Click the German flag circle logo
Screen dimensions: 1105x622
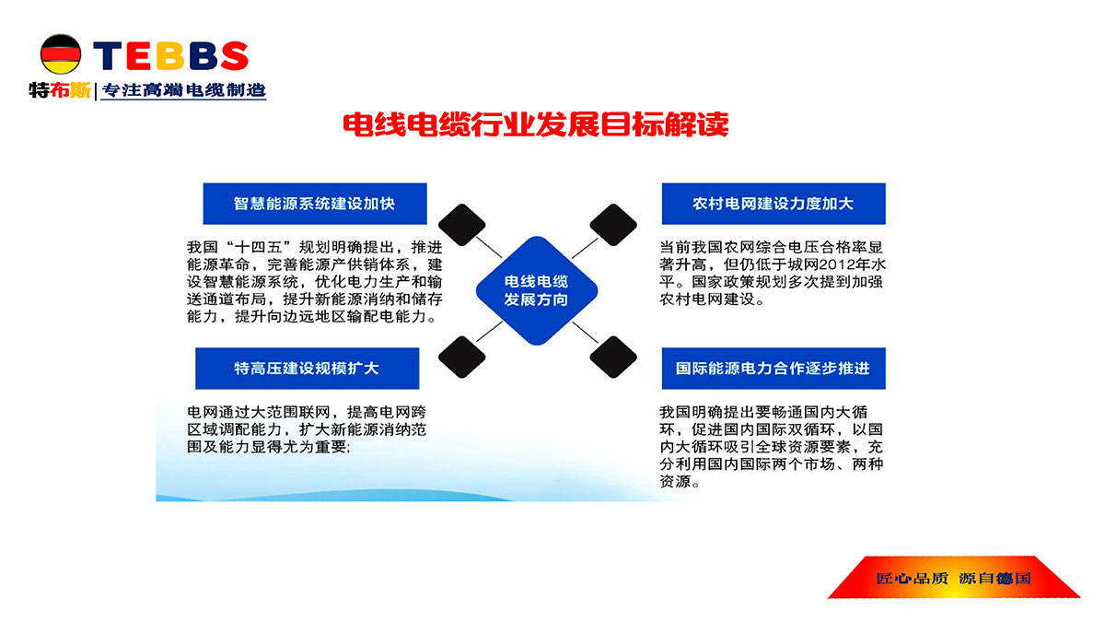[61, 54]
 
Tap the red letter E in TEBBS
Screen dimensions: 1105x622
[140, 55]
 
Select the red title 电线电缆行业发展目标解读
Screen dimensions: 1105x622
[536, 124]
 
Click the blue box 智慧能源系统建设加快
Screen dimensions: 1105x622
[315, 204]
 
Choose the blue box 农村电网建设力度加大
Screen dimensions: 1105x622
[773, 204]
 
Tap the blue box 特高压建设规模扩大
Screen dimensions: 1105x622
[308, 369]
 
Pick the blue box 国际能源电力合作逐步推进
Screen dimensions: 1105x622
[773, 369]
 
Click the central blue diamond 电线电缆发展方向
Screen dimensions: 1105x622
[537, 291]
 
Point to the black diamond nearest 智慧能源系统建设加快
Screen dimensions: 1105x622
[461, 225]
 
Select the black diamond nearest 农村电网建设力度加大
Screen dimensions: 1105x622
[613, 225]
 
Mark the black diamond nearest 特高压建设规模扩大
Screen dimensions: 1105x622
[461, 357]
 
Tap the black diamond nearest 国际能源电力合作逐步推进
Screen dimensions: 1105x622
[613, 357]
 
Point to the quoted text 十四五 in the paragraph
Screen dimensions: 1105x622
[259, 247]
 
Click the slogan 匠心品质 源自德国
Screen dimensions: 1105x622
[953, 578]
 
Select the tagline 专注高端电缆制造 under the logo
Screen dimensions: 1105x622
[184, 90]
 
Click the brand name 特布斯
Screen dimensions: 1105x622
[60, 90]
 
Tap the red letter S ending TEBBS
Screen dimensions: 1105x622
[234, 55]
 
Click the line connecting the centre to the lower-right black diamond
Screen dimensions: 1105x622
[585, 333]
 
